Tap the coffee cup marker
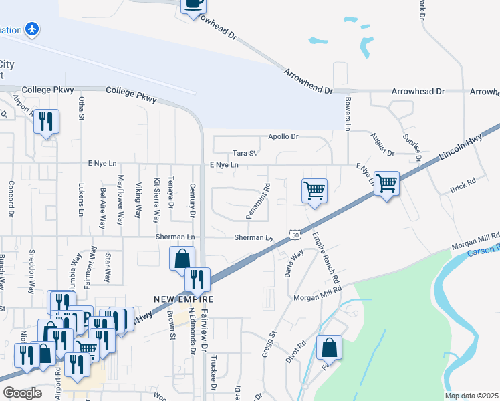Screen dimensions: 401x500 [x=194, y=3]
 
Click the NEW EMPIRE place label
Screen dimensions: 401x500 [x=178, y=299]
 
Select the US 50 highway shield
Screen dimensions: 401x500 [x=295, y=234]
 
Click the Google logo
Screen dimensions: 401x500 [x=22, y=393]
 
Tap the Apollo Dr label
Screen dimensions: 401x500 [x=283, y=137]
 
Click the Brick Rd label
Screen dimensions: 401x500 [x=462, y=182]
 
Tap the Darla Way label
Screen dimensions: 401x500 [x=295, y=263]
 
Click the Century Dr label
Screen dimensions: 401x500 [x=193, y=200]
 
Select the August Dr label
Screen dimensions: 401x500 [x=383, y=144]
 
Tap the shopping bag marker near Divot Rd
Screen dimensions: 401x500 [x=329, y=348]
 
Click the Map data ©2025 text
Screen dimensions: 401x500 [x=471, y=396]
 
